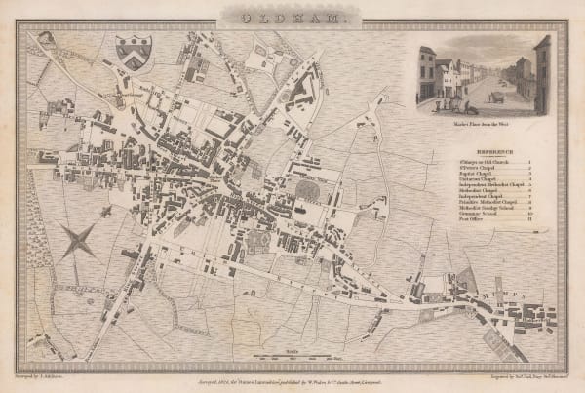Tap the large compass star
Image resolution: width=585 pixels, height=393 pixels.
coord(78,240)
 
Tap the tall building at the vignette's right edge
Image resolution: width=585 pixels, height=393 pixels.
coord(542,73)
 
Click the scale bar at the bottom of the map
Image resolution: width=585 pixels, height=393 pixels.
coord(292,353)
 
